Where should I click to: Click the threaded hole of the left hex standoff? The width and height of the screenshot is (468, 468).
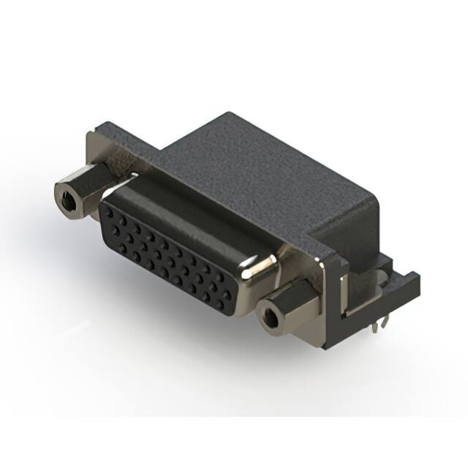[67, 195]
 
